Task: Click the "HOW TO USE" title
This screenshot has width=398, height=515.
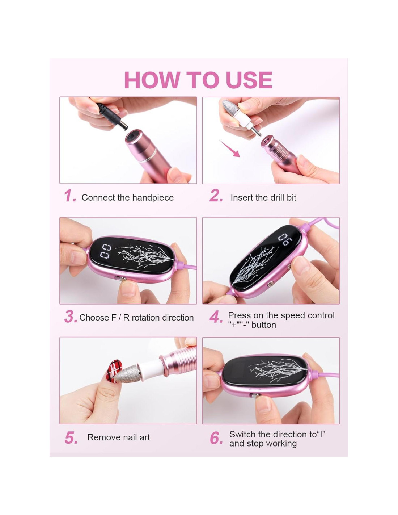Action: (198, 80)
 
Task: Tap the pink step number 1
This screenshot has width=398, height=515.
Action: (70, 196)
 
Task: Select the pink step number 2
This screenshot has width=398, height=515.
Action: (216, 196)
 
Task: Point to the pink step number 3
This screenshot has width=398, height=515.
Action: (71, 317)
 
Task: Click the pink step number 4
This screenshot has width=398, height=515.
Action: (216, 317)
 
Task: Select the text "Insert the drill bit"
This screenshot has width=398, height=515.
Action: (263, 197)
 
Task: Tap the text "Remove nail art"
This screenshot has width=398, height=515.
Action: (118, 437)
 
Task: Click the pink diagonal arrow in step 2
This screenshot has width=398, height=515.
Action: (229, 148)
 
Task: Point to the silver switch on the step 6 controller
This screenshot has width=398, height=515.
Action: (255, 395)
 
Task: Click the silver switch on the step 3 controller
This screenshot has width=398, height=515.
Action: (123, 280)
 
